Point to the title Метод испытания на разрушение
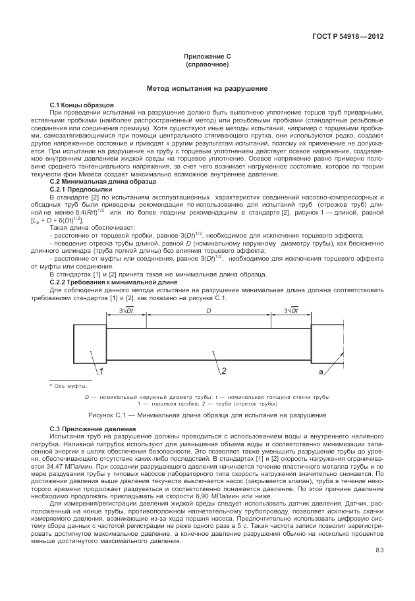pos(207,88)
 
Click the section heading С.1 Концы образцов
pos(82,105)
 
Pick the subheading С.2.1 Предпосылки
pos(84,189)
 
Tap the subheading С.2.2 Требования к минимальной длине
pos(109,282)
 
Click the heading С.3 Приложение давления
pos(88,429)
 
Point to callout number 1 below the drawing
pos(103,372)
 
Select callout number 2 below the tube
pos(224,372)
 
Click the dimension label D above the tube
pos(209,310)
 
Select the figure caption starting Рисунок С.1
pos(207,415)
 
